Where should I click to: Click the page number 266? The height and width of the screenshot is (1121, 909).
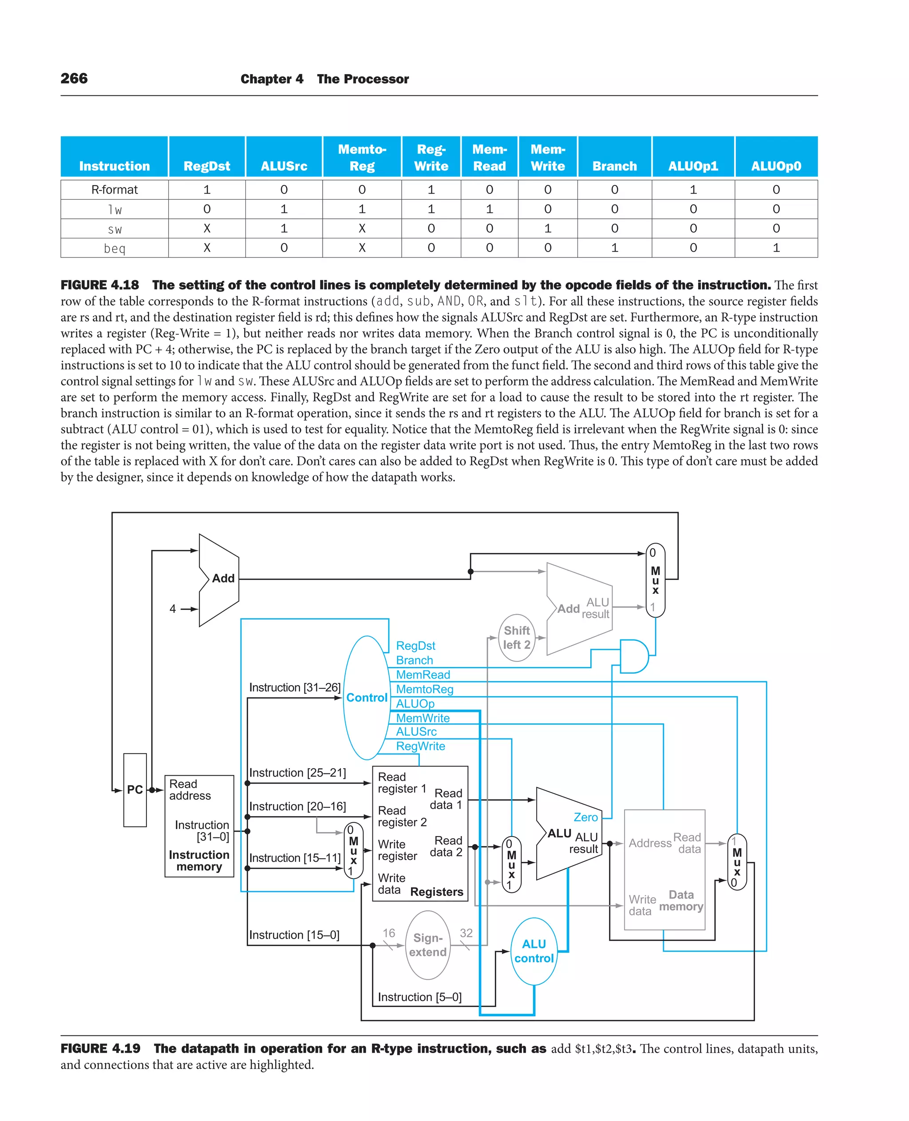coord(74,79)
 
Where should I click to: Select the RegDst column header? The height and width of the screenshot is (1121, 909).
coord(206,166)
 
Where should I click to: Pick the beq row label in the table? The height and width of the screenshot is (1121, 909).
coord(114,248)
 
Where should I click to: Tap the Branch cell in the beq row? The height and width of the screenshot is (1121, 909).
coord(614,248)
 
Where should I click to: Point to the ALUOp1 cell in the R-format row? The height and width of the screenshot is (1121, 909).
coord(693,189)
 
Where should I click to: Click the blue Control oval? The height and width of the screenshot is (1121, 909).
coord(367,698)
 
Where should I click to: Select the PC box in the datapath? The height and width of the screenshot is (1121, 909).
coord(134,789)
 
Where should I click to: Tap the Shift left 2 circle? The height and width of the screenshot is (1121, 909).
coord(516,637)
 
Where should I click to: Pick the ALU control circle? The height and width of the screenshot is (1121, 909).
coord(534,951)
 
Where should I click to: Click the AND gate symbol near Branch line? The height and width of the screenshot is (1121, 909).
coord(633,656)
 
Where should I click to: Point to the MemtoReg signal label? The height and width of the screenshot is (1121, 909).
coord(424,689)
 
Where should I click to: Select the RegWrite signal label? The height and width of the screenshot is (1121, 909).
coord(420,746)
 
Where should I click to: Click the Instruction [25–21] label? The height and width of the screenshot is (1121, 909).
coord(297,773)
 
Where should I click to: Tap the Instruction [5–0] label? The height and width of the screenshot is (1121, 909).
coord(419,997)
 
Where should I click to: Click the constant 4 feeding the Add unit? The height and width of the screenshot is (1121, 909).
coord(173,608)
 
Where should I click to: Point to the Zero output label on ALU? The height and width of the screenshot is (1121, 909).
coord(585,817)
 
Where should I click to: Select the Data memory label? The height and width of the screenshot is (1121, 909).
coord(681,900)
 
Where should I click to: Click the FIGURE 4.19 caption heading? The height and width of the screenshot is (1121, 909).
coord(101,1048)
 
